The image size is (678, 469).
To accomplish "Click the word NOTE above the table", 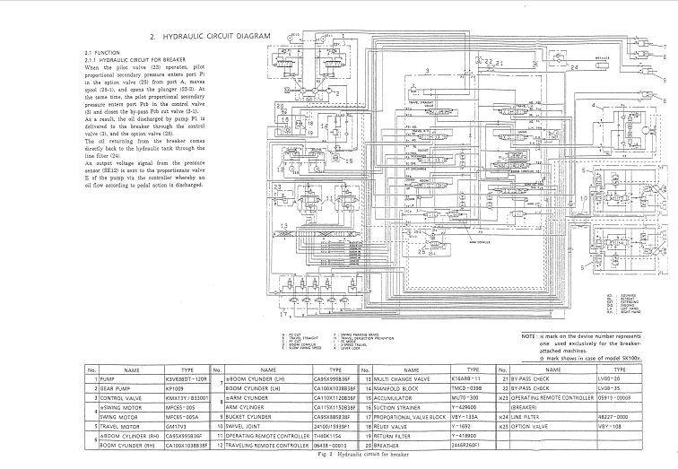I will coord(528,336).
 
